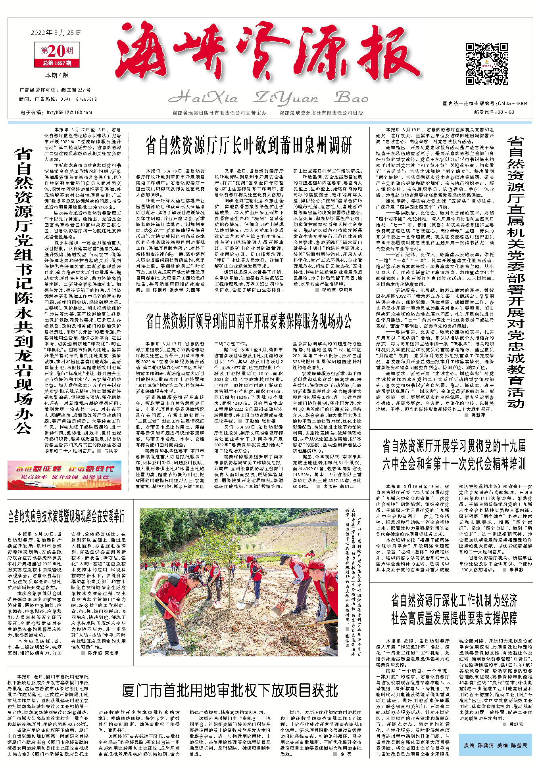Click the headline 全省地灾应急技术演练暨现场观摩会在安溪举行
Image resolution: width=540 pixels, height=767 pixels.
coord(67,516)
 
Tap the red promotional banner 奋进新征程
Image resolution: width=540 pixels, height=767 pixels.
coord(64,475)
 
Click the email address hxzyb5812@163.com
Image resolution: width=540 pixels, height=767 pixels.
coord(69,113)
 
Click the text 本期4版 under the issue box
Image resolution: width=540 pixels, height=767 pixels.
coord(57,75)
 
